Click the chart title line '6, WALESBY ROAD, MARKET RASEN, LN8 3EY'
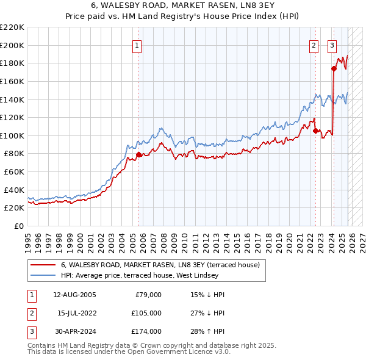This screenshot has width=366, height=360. pyautogui.click(x=182, y=6)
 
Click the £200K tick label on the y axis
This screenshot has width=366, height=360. pyautogui.click(x=12, y=45)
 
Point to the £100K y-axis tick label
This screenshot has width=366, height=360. pyautogui.click(x=12, y=135)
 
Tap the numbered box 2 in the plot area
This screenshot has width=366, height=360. pyautogui.click(x=314, y=45)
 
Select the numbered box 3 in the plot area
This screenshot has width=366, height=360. pyautogui.click(x=332, y=45)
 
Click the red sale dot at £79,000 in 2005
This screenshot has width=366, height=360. pyautogui.click(x=138, y=154)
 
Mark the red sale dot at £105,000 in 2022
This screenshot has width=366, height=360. pyautogui.click(x=315, y=131)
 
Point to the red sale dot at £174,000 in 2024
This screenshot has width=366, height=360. pyautogui.click(x=334, y=68)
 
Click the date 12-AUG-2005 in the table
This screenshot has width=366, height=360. pyautogui.click(x=74, y=295)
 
